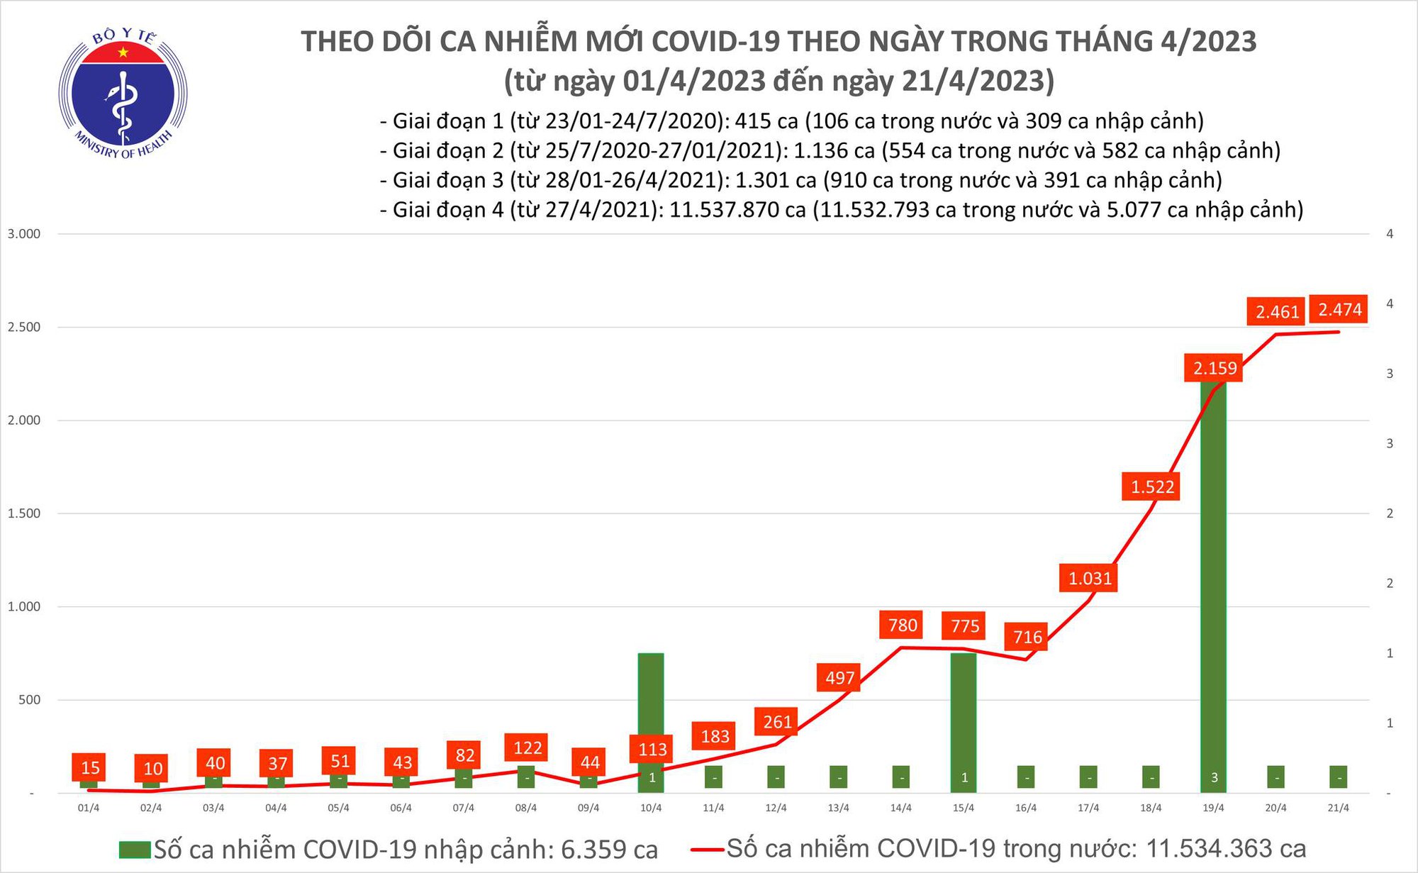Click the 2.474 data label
click(x=1339, y=310)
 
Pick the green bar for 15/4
click(x=964, y=716)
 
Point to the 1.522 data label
click(x=1151, y=486)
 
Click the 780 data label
click(x=902, y=625)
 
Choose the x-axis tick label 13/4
click(x=838, y=808)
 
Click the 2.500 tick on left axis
click(x=24, y=327)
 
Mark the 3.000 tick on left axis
click(x=24, y=234)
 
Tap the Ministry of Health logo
click(x=123, y=94)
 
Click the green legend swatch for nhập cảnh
click(x=135, y=850)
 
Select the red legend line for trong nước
click(x=706, y=849)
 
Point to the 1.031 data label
click(x=1089, y=578)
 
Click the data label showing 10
click(x=152, y=768)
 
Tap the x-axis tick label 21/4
click(x=1338, y=808)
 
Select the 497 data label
click(x=839, y=677)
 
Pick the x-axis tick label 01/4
click(x=88, y=808)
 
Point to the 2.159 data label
click(x=1214, y=368)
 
